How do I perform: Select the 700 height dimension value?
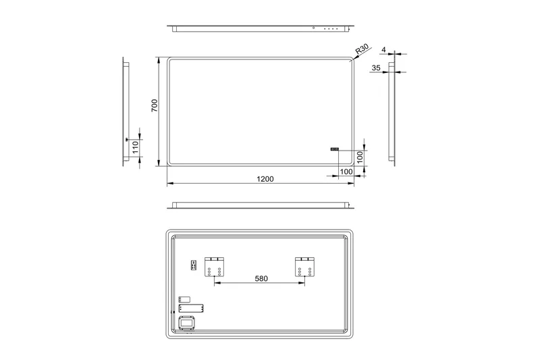click(x=155, y=106)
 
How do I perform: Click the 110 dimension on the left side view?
click(x=135, y=148)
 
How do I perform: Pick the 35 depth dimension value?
click(x=376, y=68)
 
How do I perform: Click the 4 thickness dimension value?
click(x=383, y=49)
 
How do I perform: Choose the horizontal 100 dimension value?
click(x=346, y=172)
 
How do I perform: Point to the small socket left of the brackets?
click(x=194, y=265)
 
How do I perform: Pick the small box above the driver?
click(x=185, y=299)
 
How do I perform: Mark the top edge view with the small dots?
click(x=261, y=28)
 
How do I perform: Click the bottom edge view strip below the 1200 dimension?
click(x=261, y=205)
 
